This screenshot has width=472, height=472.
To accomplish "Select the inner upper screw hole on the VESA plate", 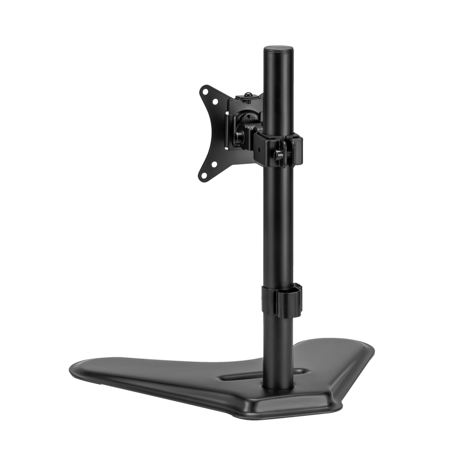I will coord(215,103).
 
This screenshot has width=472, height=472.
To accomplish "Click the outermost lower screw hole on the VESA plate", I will coord(203,174).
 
